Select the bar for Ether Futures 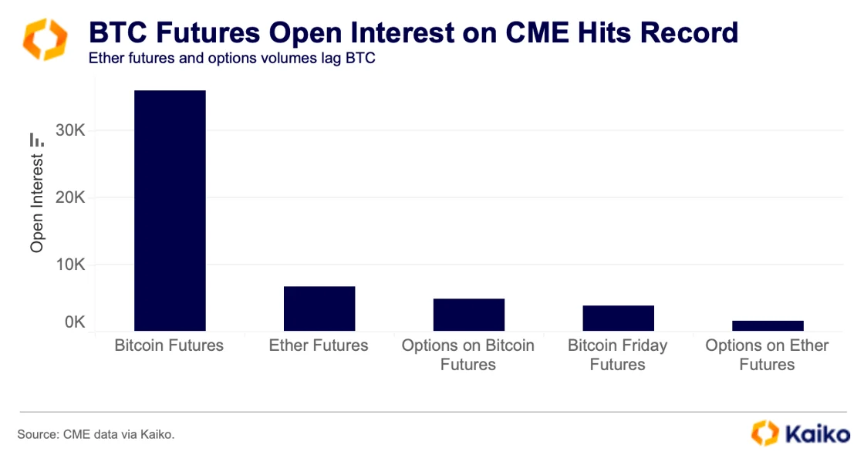(319, 308)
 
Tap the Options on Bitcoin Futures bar (468, 315)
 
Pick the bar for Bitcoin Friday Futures (618, 318)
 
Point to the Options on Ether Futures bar (768, 325)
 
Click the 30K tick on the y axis (70, 131)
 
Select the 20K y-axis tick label (70, 197)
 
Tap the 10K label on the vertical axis (70, 265)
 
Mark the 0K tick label (75, 322)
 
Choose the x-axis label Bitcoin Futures (169, 345)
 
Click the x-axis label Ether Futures (319, 345)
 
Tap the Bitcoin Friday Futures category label (618, 355)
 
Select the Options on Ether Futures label (767, 355)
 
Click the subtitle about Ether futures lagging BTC (231, 59)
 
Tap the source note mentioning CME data (96, 435)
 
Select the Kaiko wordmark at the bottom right (817, 433)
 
